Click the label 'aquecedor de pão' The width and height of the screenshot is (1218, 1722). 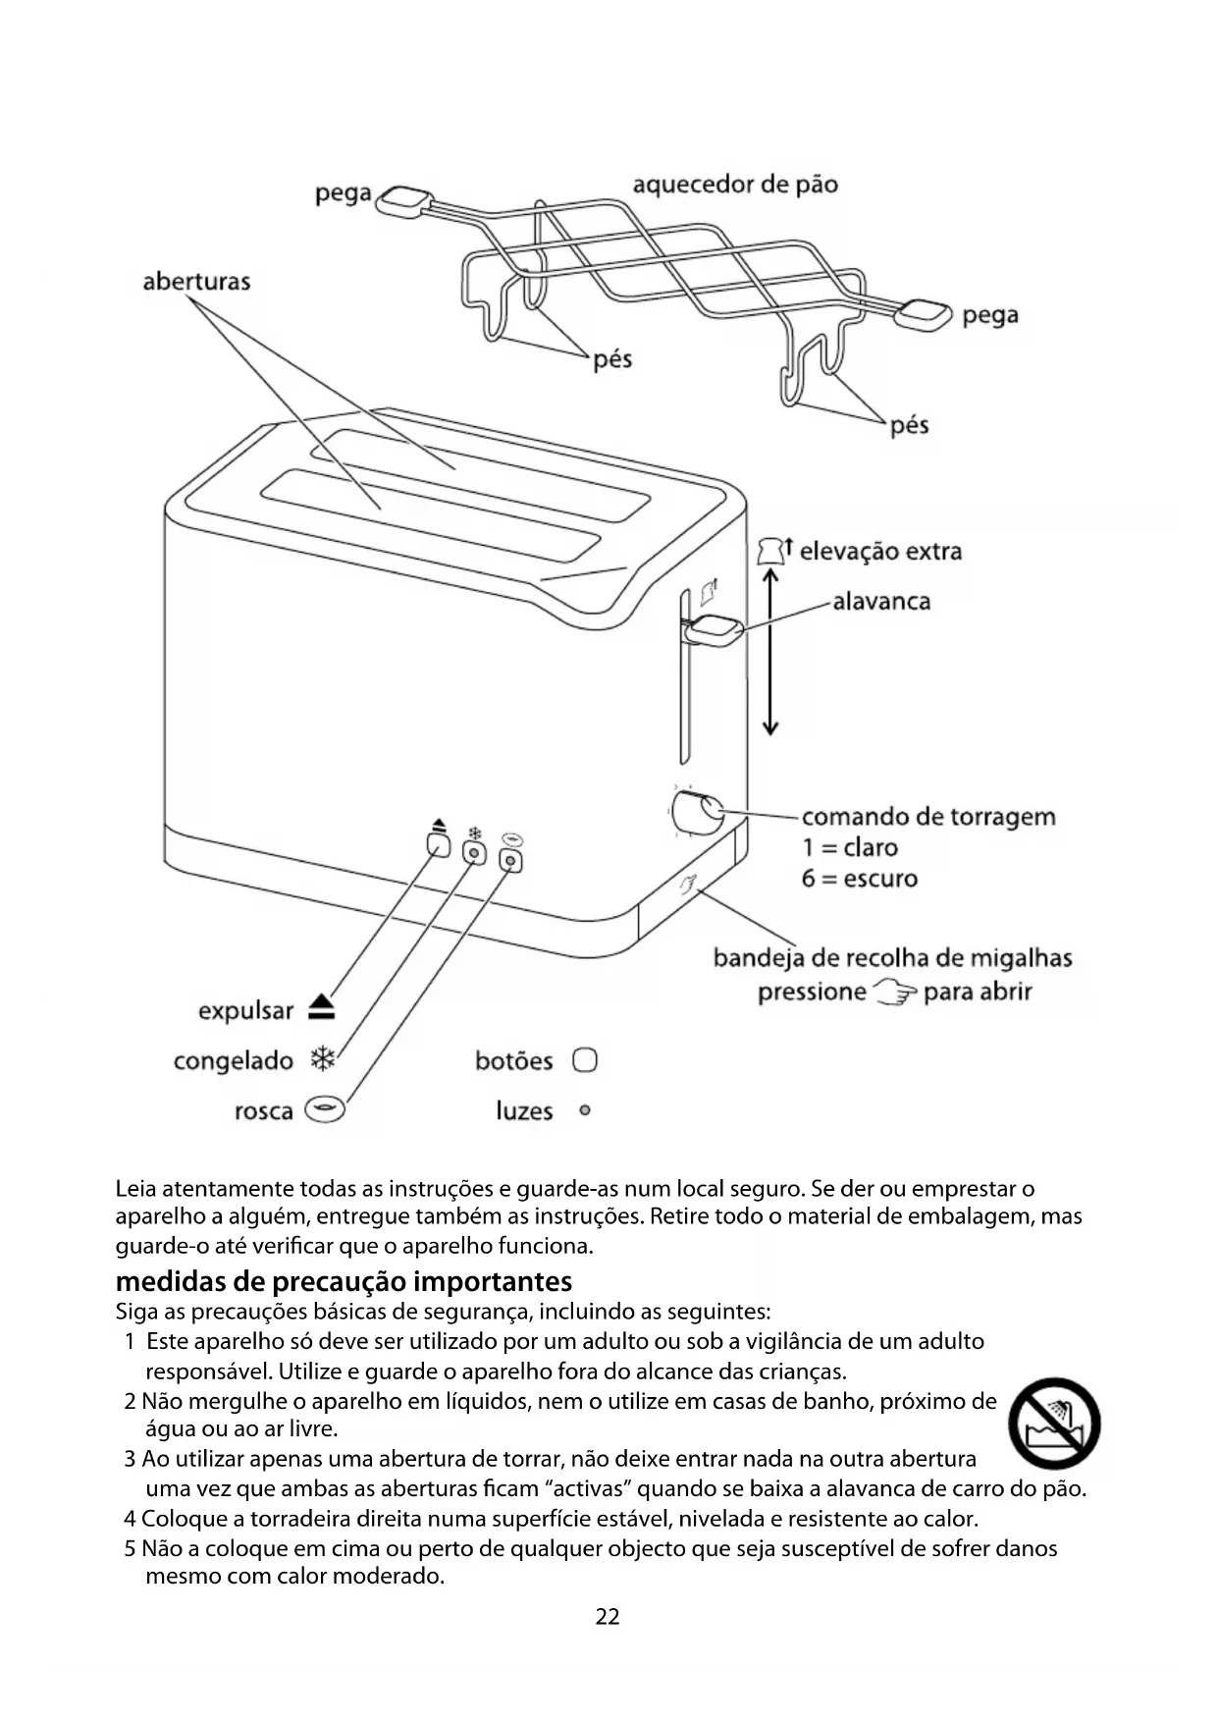pos(734,185)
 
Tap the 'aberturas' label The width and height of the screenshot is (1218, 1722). pos(196,282)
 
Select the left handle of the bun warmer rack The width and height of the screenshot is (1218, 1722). pos(402,201)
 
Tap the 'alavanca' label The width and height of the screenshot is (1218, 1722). pos(881,601)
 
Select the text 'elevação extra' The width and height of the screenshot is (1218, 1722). pos(880,551)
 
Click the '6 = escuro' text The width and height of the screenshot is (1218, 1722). pos(859,878)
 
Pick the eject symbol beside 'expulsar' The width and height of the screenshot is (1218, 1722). pos(322,1008)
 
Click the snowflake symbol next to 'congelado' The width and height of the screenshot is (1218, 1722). pos(323,1059)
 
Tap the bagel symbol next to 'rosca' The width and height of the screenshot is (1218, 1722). pos(325,1110)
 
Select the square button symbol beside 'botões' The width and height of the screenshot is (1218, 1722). pos(585,1060)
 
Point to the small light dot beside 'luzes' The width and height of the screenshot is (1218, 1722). pos(585,1111)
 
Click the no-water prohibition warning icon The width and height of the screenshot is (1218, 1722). pos(1055,1423)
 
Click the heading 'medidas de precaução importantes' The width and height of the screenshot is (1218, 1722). pos(344,1281)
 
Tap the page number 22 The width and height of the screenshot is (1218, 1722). pos(608,1617)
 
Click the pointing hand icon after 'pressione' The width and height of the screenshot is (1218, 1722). pos(895,993)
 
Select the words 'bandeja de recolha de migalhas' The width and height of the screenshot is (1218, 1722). pos(892,957)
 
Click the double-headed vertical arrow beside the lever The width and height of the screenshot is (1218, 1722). pos(770,652)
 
